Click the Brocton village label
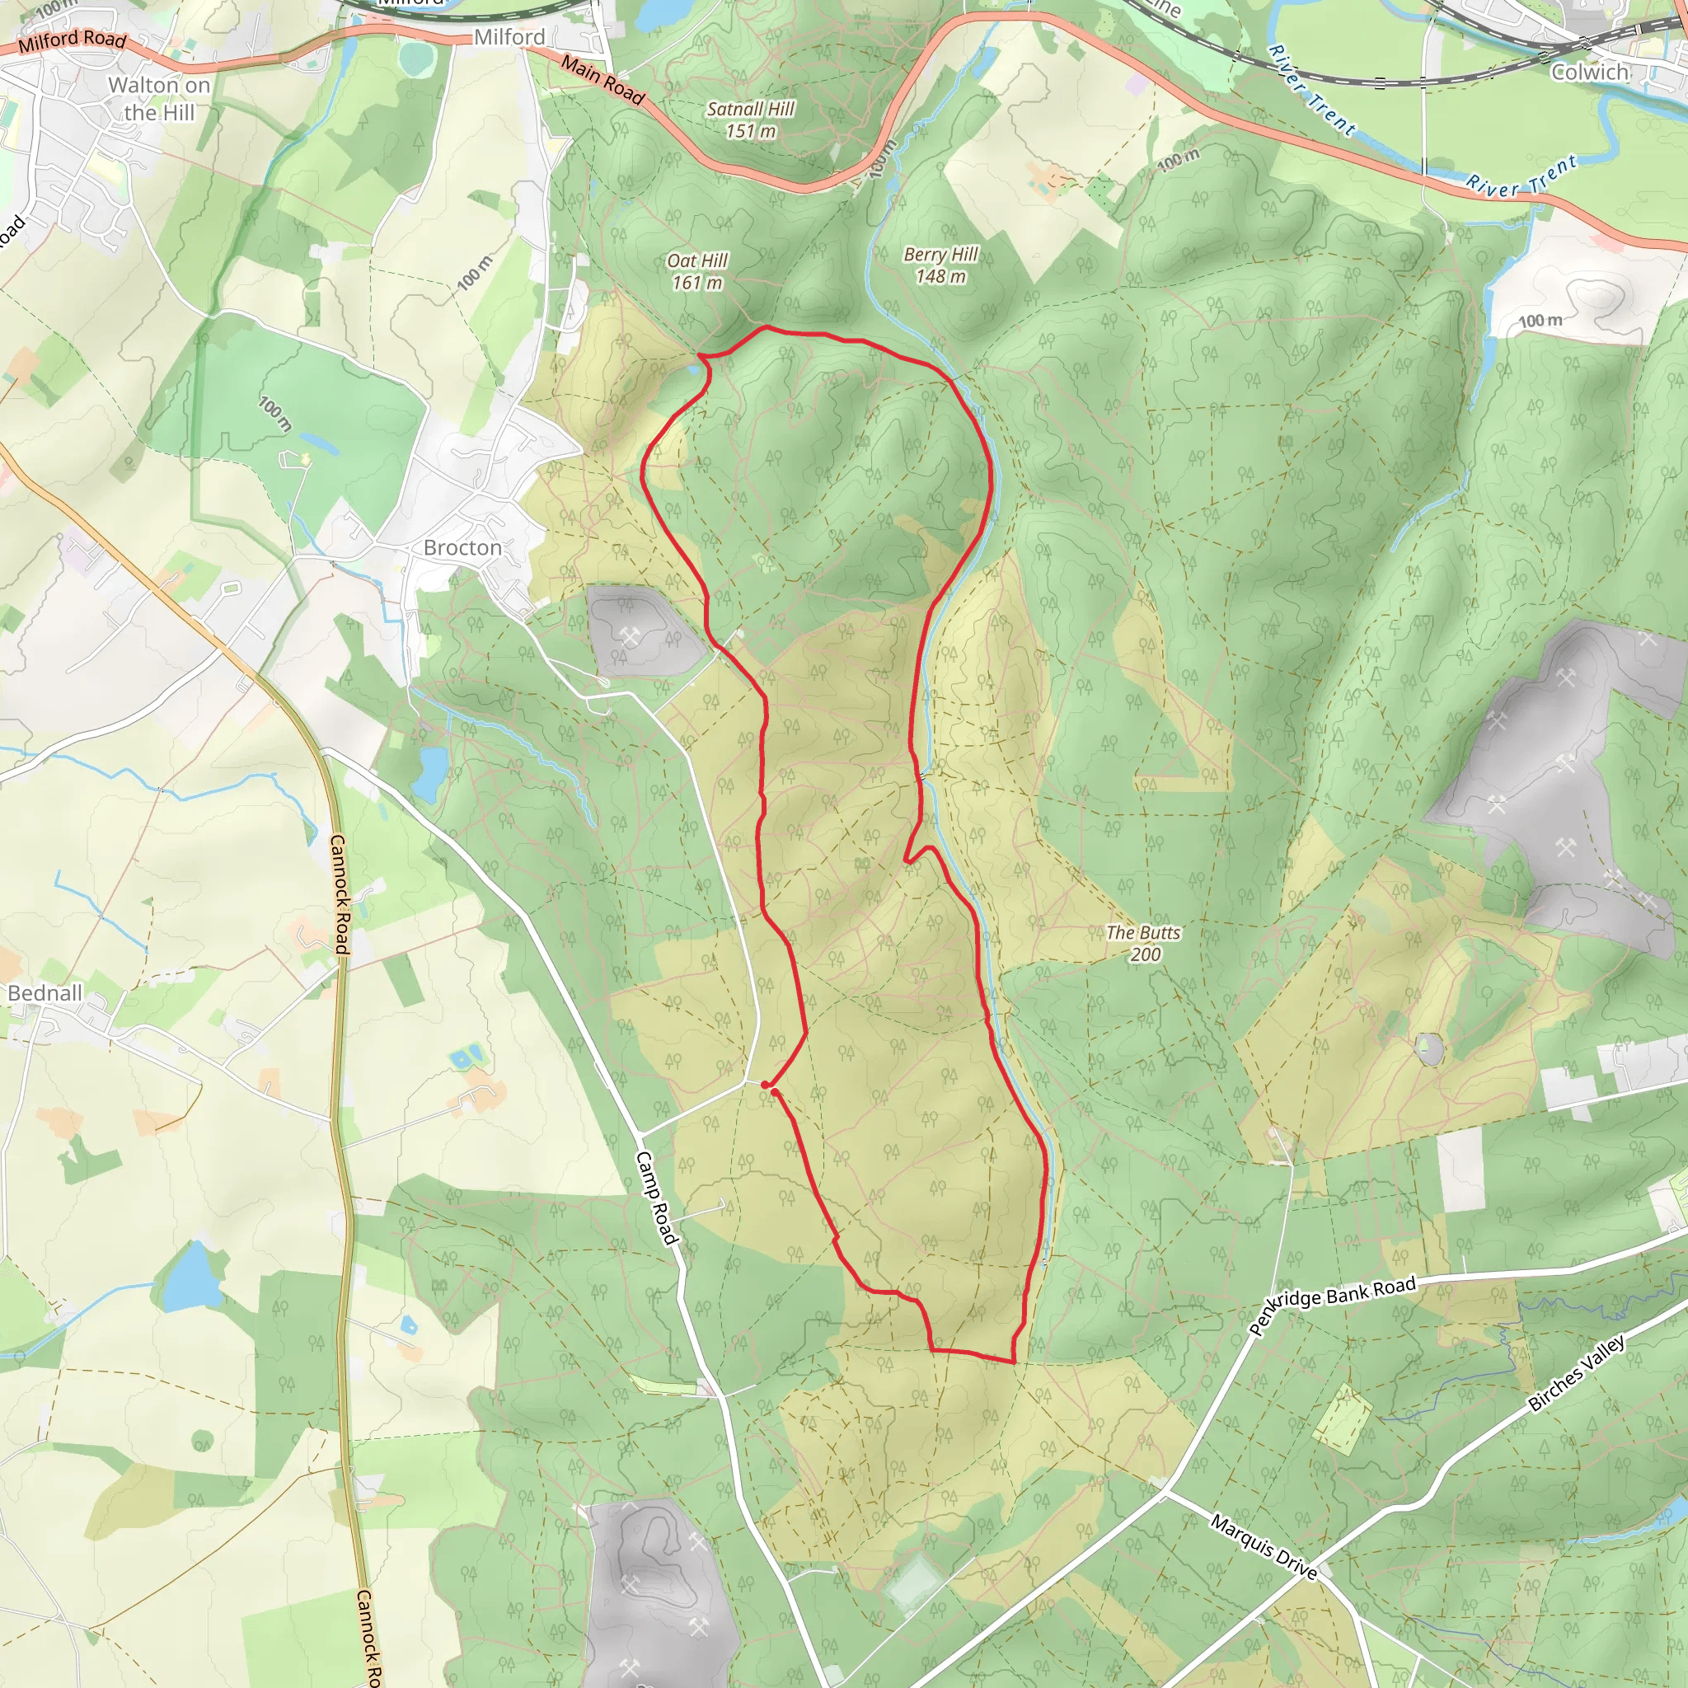click(462, 548)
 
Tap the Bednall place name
click(45, 992)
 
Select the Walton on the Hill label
click(159, 99)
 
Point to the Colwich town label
click(1589, 72)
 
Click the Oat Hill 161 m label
click(697, 272)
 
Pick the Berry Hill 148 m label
click(940, 265)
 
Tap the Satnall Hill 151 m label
click(751, 120)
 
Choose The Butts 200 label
click(1143, 944)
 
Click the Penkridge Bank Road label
click(1332, 1305)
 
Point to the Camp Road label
click(656, 1197)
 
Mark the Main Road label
click(603, 79)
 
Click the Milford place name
click(509, 37)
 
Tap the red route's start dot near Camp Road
click(765, 1085)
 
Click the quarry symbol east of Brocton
click(629, 635)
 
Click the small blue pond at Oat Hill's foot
click(695, 370)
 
